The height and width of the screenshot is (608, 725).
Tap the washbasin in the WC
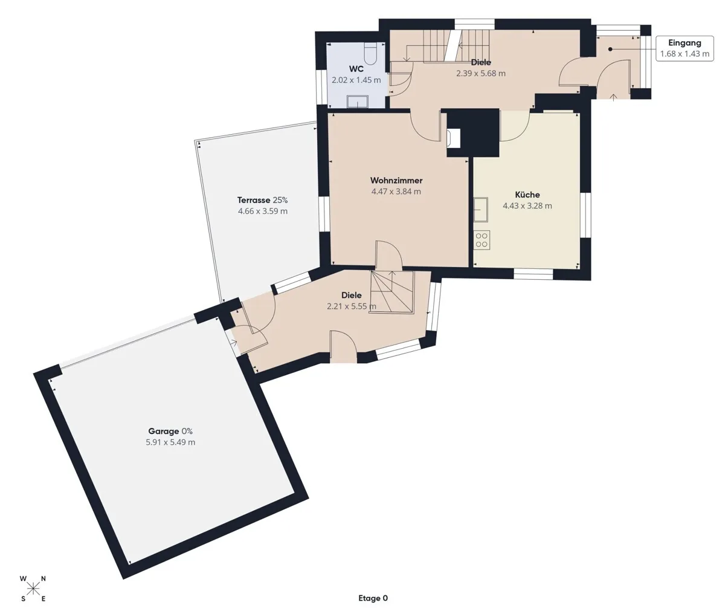(x=358, y=101)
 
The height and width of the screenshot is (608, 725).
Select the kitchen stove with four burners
(x=482, y=240)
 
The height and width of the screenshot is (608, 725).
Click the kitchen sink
(x=481, y=210)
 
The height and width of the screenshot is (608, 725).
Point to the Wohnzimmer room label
(x=396, y=180)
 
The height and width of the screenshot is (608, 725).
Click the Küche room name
(x=527, y=195)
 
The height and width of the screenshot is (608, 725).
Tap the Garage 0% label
(x=170, y=431)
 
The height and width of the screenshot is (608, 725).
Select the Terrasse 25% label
(x=262, y=200)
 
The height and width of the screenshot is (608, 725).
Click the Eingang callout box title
(x=685, y=43)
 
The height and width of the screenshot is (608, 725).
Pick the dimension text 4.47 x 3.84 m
(x=396, y=192)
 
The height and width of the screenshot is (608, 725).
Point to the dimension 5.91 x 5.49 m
(x=170, y=442)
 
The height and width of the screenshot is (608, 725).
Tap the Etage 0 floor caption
(x=373, y=598)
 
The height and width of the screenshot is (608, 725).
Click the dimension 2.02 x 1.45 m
(x=356, y=80)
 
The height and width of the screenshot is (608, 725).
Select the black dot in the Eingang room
(x=610, y=50)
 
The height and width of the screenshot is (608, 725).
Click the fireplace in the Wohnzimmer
(x=454, y=138)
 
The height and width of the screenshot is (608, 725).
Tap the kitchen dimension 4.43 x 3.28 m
(x=527, y=205)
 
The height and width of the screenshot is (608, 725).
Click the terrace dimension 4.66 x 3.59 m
(x=262, y=212)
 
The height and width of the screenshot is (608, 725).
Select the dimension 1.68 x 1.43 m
(x=685, y=54)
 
